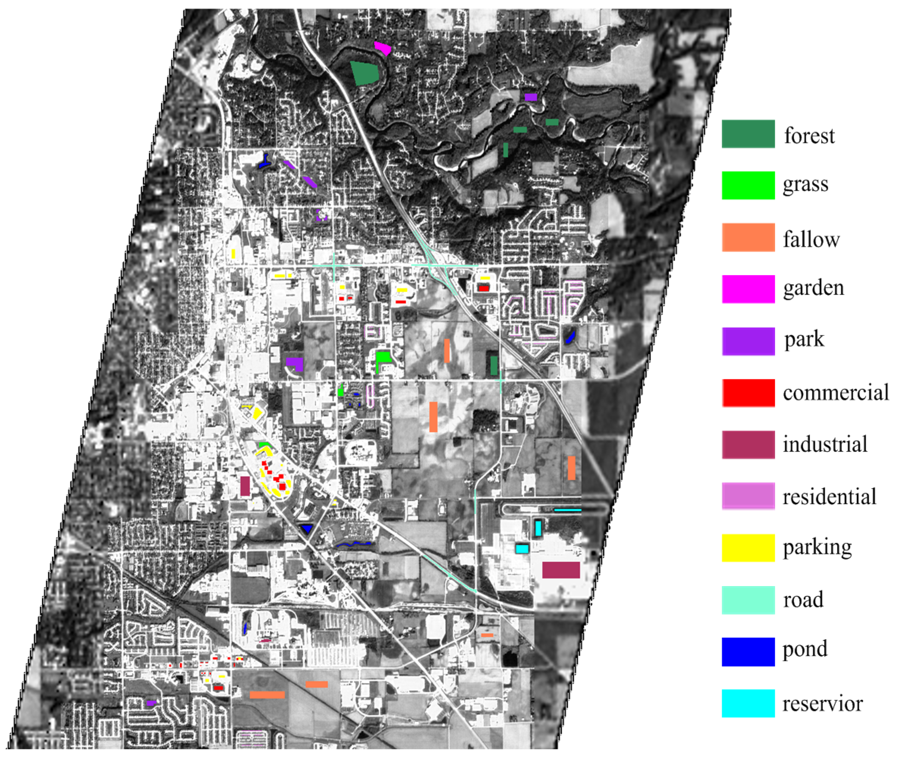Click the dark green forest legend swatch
pos(748,134)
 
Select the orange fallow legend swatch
pos(748,237)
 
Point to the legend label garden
pos(813,288)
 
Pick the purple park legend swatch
pos(748,341)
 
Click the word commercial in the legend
pos(835,392)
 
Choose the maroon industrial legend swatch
pos(748,444)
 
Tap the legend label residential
pos(829,497)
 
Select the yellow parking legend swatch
pos(748,548)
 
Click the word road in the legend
pos(803,600)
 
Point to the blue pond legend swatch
pos(748,651)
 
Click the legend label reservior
pos(822,704)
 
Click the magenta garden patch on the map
pos(382,48)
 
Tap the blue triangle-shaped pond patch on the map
pos(306,528)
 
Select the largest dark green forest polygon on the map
pos(364,72)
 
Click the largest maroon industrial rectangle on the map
pos(560,570)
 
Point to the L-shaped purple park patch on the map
pos(296,364)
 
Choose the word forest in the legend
pos(809,136)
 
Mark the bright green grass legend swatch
pos(748,185)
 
